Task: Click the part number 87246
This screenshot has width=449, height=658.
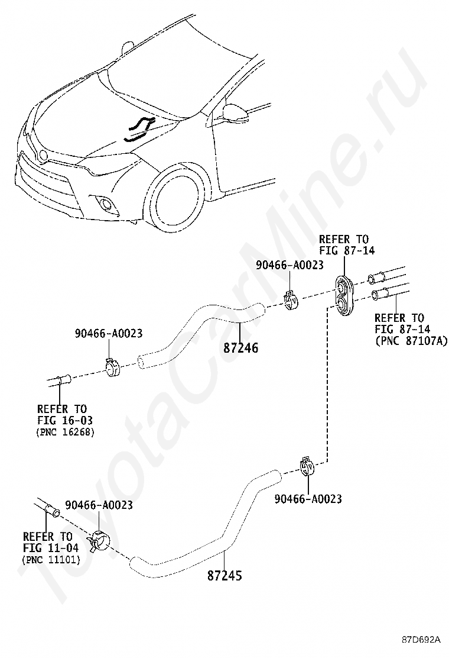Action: pyautogui.click(x=241, y=347)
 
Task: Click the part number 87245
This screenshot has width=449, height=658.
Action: pyautogui.click(x=224, y=575)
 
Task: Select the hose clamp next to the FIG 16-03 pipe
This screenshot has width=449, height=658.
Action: pyautogui.click(x=112, y=367)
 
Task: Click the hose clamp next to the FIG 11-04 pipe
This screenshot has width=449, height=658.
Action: pyautogui.click(x=99, y=541)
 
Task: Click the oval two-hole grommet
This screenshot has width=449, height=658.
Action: pyautogui.click(x=344, y=295)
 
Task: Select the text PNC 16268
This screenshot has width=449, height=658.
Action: pyautogui.click(x=66, y=432)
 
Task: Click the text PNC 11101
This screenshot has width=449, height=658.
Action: pyautogui.click(x=51, y=560)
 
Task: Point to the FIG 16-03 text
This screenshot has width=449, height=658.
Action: pyautogui.click(x=65, y=420)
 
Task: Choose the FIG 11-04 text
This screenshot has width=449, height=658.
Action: pyautogui.click(x=51, y=547)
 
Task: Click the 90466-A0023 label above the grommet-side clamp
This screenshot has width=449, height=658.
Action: pyautogui.click(x=290, y=265)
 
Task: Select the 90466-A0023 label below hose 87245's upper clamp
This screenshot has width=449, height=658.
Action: pyautogui.click(x=308, y=499)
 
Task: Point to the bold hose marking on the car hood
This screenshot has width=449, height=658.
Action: pyautogui.click(x=139, y=129)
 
